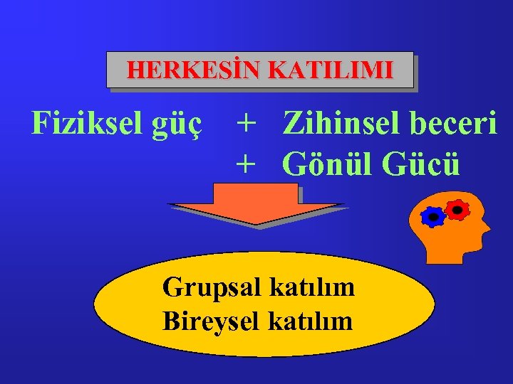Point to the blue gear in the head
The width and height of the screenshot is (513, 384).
pyautogui.click(x=433, y=216)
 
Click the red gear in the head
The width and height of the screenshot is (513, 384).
pyautogui.click(x=457, y=208)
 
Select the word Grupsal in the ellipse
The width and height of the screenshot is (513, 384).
pyautogui.click(x=212, y=288)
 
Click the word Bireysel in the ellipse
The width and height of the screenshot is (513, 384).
pyautogui.click(x=212, y=321)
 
